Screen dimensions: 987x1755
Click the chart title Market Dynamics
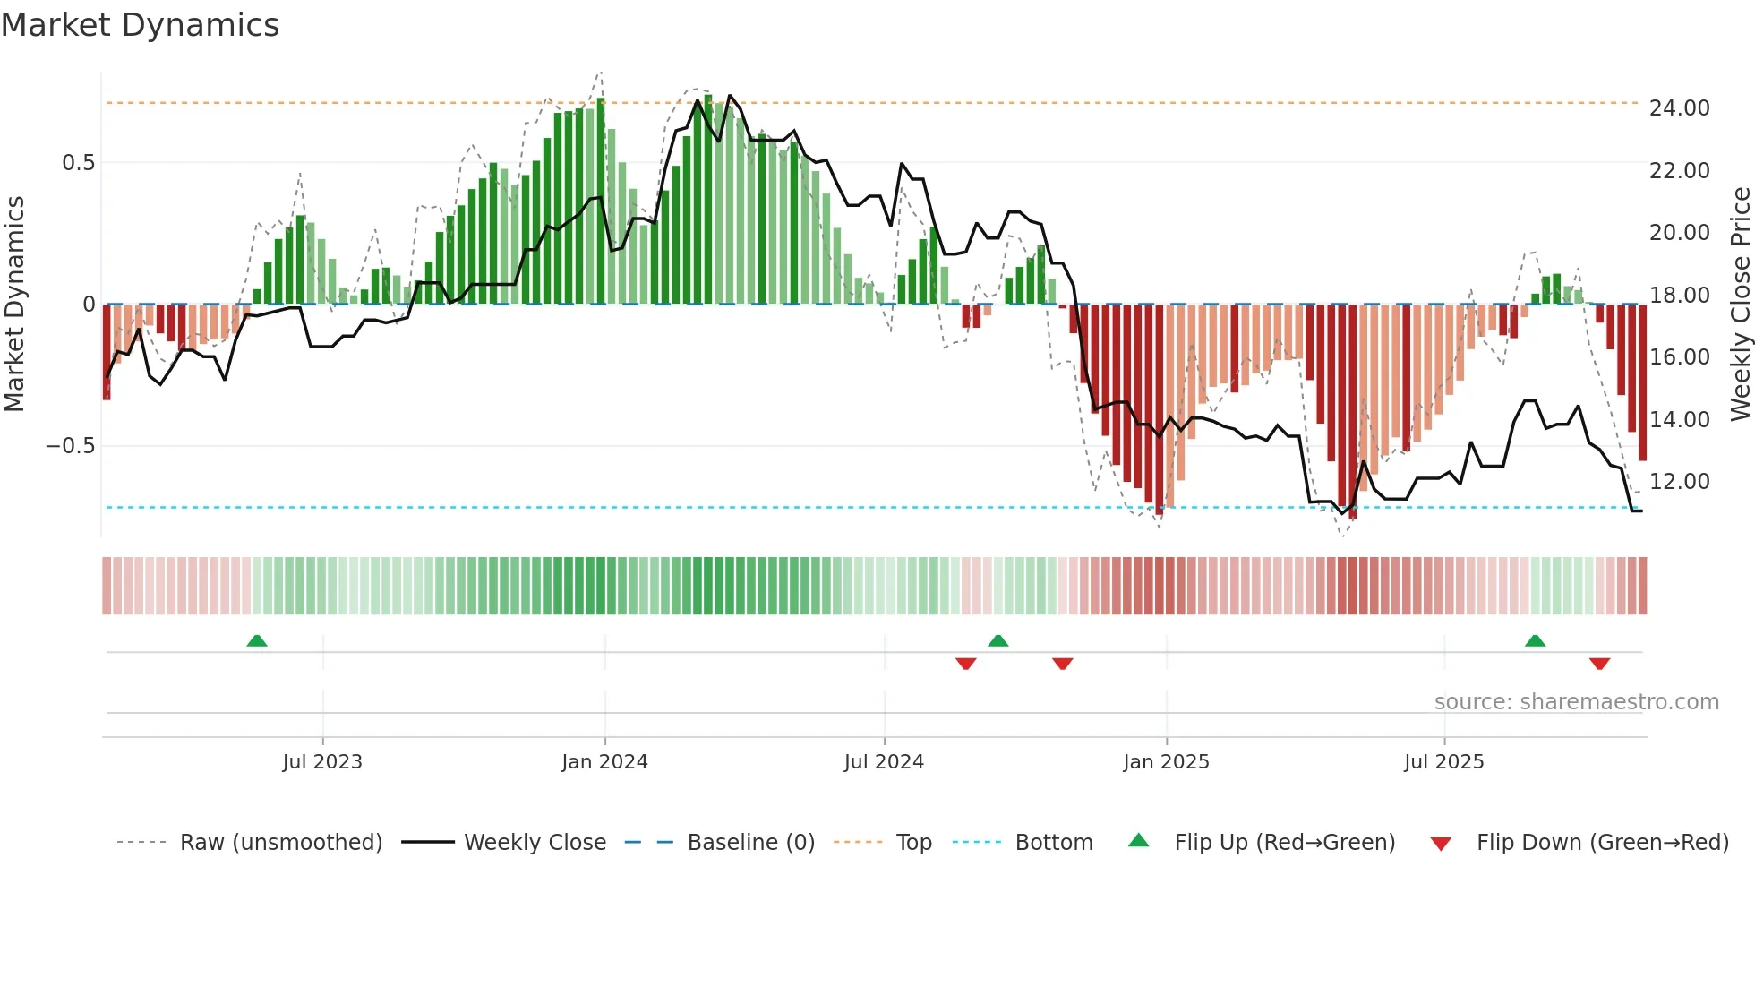point(141,25)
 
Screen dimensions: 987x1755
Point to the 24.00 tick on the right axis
point(1679,108)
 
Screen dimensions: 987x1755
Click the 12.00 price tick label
point(1679,482)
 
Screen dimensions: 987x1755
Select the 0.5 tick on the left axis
point(78,163)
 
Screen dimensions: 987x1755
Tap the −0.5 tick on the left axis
point(71,446)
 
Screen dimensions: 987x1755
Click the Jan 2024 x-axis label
point(604,762)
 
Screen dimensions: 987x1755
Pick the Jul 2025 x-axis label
point(1443,762)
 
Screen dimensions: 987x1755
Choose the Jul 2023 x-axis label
point(322,762)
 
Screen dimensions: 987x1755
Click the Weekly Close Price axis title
point(1740,304)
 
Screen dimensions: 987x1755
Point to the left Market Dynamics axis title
point(14,304)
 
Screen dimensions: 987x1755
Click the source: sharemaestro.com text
point(1576,702)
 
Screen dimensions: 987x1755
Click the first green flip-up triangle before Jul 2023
point(257,640)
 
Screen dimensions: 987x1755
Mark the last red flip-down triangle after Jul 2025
point(1599,664)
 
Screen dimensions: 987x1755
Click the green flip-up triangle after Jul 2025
point(1535,640)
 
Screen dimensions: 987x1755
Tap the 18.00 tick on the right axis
point(1679,296)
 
